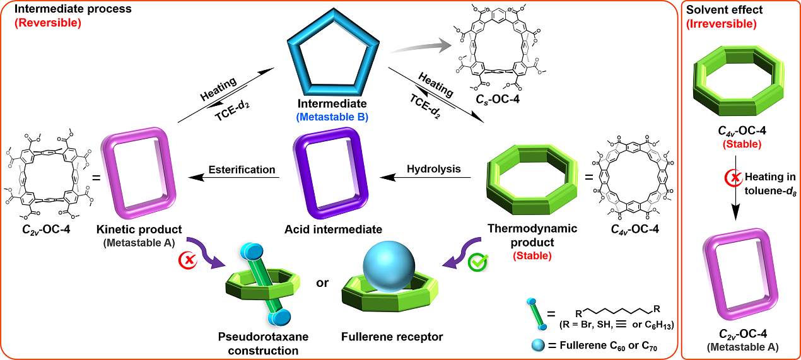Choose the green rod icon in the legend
537,313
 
